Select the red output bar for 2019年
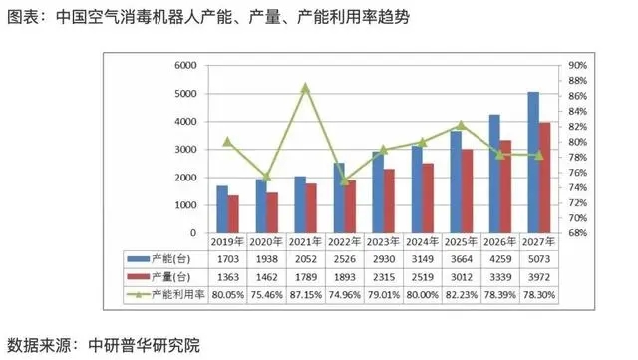coord(233,214)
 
